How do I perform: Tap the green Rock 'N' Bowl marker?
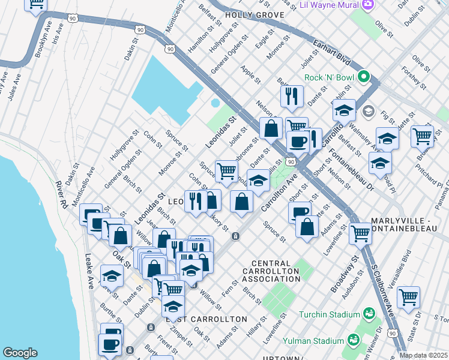coord(363,77)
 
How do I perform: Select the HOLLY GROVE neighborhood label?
coord(249,14)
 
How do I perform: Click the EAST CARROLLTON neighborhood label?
coord(206,319)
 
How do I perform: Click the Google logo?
coord(20,353)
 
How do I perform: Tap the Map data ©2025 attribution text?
coord(423,355)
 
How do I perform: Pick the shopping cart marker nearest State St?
coord(408,296)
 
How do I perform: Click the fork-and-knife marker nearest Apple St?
coord(292,95)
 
